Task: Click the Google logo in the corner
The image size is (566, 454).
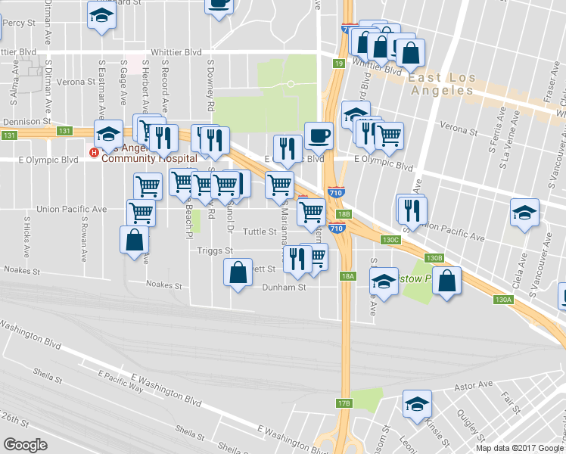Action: [25, 444]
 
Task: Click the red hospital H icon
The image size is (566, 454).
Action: [94, 152]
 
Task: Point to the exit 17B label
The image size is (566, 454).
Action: [344, 403]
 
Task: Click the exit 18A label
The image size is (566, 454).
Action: [347, 276]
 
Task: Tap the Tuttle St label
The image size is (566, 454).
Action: [257, 232]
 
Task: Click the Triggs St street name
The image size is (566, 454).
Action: [213, 250]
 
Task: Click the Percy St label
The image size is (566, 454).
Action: [14, 23]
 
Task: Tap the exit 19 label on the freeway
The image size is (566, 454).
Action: [337, 64]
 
